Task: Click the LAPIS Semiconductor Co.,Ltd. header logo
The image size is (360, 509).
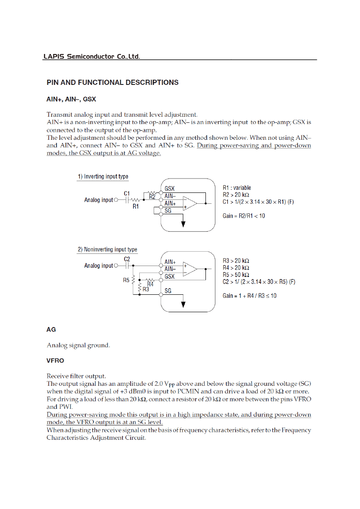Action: [91, 57]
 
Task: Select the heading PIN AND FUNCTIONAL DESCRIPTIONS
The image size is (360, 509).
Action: [112, 82]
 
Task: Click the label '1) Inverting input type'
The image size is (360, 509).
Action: [103, 176]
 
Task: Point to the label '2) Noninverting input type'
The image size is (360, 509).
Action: [107, 249]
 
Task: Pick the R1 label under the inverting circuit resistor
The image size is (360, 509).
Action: [136, 207]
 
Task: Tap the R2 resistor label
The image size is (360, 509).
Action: [152, 197]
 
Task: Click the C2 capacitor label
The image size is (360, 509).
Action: [127, 259]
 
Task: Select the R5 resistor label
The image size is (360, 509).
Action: [127, 281]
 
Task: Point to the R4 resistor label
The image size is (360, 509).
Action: [151, 284]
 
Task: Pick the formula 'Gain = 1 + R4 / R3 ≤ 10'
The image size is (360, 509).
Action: [249, 296]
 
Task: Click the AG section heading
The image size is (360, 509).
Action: [51, 330]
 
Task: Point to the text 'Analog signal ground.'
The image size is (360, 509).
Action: [78, 346]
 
